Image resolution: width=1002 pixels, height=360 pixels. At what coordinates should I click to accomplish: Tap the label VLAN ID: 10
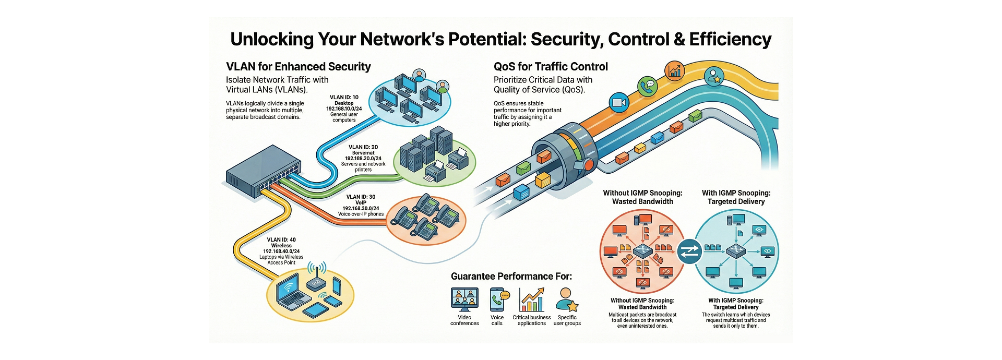coord(344,98)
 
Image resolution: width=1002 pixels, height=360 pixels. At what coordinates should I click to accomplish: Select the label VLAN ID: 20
coord(363,147)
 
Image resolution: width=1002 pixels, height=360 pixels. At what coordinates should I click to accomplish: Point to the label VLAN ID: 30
coord(361,197)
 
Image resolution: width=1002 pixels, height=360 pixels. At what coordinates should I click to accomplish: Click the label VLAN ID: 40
coord(281,240)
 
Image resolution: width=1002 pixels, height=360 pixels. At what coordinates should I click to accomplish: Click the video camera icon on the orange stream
coord(619,102)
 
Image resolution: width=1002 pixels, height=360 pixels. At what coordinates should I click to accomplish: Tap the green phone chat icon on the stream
coord(648,86)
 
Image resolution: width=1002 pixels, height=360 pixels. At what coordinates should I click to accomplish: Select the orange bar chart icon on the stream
coord(675,70)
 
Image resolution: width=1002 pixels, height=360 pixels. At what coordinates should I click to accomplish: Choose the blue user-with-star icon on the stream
coord(713,77)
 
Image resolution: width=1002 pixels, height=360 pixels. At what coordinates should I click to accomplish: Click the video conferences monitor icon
coord(464,300)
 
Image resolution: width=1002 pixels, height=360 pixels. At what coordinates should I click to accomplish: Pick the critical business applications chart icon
coord(531,300)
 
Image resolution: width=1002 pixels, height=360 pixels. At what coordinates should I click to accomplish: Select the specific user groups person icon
coord(567,300)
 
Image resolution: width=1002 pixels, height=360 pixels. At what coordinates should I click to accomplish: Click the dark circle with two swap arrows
coord(689,251)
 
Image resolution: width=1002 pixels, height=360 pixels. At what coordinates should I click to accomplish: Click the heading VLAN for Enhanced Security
coord(298,67)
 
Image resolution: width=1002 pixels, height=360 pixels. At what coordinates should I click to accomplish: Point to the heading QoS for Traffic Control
coord(551,67)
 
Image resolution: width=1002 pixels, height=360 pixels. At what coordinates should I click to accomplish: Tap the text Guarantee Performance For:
coord(511,277)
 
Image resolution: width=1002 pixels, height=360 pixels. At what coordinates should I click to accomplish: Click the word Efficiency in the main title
coord(730,40)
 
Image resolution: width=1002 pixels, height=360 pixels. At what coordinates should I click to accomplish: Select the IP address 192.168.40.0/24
coord(281,251)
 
